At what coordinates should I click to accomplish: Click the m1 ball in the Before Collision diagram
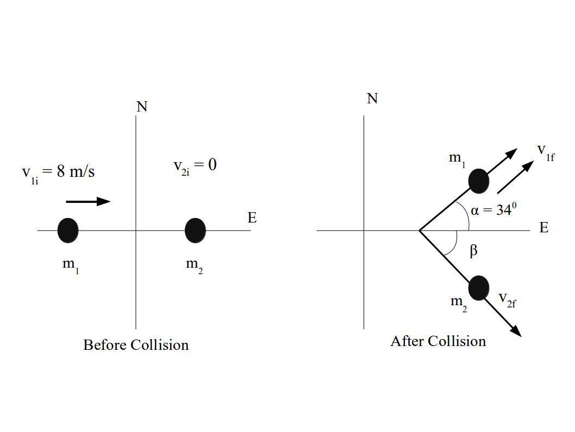[68, 230]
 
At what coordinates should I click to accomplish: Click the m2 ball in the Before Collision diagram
[195, 230]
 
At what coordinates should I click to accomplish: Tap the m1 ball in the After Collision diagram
[478, 181]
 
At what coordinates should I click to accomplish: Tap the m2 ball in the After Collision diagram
[478, 288]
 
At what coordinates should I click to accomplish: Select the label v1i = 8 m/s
[58, 172]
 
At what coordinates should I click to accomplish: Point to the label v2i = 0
[195, 165]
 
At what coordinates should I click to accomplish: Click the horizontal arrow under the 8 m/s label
[88, 201]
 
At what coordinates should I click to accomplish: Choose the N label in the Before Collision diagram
[142, 107]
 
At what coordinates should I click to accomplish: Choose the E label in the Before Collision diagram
[252, 218]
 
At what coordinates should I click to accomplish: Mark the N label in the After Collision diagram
[372, 98]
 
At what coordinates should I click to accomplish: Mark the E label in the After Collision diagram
[544, 227]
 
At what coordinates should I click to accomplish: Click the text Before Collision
[136, 345]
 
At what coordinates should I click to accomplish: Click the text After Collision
[438, 341]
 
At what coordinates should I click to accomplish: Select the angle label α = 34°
[493, 210]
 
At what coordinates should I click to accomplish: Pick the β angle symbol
[473, 250]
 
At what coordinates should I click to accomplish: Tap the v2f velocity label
[507, 299]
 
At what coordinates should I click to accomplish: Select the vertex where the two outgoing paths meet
[420, 230]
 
